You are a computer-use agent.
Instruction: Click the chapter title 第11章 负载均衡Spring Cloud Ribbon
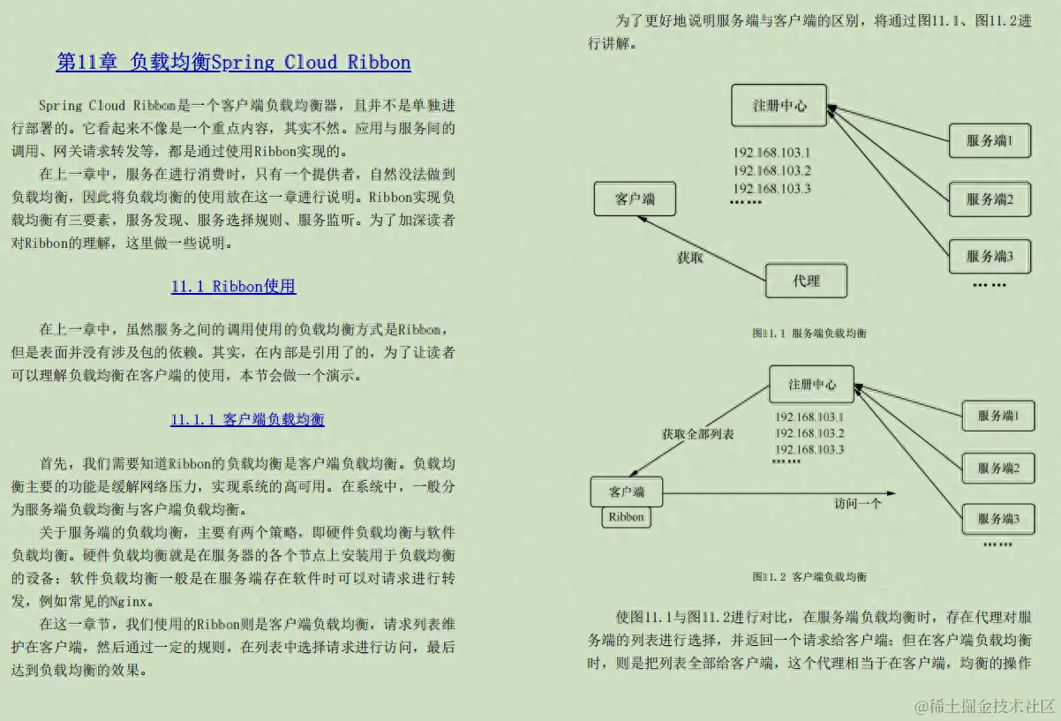coord(233,62)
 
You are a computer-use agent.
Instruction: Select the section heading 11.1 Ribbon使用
coord(233,286)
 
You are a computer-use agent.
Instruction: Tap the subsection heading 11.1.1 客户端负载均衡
coord(247,419)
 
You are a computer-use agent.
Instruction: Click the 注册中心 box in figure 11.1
coord(779,105)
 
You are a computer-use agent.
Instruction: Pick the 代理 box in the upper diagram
coord(806,281)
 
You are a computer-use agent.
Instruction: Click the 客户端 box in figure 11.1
coord(635,199)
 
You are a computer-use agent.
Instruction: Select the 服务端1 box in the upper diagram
coord(989,140)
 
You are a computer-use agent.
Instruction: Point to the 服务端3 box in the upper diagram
coord(989,256)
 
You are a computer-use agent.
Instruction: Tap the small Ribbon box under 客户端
coord(626,517)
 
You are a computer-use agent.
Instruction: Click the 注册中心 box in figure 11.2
coord(811,385)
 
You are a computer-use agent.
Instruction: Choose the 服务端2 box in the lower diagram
coord(997,468)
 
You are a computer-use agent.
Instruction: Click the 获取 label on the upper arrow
coord(689,259)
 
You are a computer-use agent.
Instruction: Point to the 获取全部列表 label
coord(697,434)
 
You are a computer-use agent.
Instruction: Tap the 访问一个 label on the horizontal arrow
coord(858,504)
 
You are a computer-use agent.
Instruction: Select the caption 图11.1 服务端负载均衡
coord(809,333)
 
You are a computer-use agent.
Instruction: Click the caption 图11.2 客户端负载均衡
coord(809,576)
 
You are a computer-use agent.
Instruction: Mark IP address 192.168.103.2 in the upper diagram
coord(771,170)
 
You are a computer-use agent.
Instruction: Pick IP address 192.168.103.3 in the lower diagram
coord(809,449)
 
